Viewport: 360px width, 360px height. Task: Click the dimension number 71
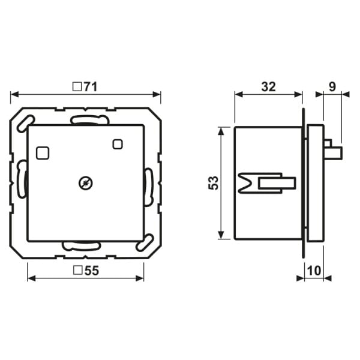[91, 87]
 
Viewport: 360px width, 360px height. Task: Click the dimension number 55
[92, 271]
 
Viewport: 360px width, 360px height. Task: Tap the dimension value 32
[268, 87]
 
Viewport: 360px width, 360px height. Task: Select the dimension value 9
[332, 87]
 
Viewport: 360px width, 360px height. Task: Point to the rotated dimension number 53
[213, 183]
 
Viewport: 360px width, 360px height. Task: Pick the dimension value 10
[314, 271]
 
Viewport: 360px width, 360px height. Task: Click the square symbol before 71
[77, 87]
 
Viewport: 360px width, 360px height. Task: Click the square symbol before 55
[78, 270]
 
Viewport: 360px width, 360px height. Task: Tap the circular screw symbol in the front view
[86, 184]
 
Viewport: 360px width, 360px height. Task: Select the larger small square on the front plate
[43, 153]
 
